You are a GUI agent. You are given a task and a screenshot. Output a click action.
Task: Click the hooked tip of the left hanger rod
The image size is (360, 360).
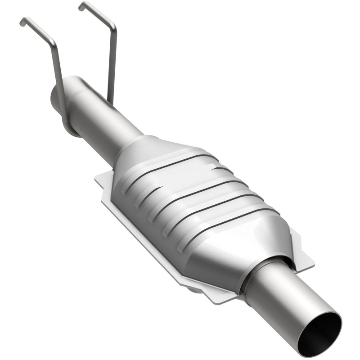point(22,22)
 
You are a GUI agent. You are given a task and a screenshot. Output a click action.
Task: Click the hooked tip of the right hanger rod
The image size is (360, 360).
point(81,6)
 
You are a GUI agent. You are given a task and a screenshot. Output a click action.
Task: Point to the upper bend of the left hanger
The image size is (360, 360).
point(52,40)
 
